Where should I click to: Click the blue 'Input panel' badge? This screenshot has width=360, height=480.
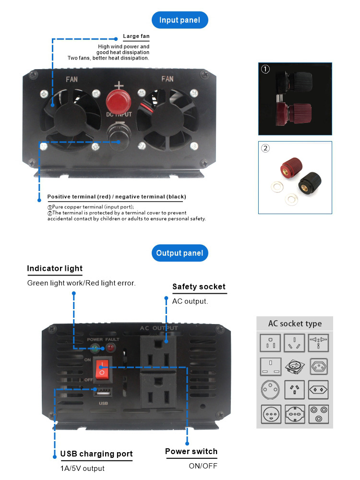click(x=180, y=20)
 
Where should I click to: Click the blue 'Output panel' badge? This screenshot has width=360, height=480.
click(x=180, y=253)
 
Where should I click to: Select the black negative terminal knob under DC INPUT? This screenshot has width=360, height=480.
click(x=116, y=133)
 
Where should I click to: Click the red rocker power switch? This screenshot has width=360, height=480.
click(x=101, y=369)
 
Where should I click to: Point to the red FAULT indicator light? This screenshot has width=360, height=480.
click(x=111, y=348)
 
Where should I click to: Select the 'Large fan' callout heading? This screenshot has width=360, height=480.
click(x=136, y=36)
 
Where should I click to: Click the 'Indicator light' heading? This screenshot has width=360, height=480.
click(x=55, y=268)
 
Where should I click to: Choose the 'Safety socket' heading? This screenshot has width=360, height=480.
click(x=199, y=287)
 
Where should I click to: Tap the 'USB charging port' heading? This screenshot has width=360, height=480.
click(x=96, y=454)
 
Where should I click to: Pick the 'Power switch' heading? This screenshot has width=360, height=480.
click(x=191, y=451)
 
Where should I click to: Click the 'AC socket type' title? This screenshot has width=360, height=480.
click(x=294, y=324)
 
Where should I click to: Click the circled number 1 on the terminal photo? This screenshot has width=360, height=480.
click(x=265, y=69)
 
